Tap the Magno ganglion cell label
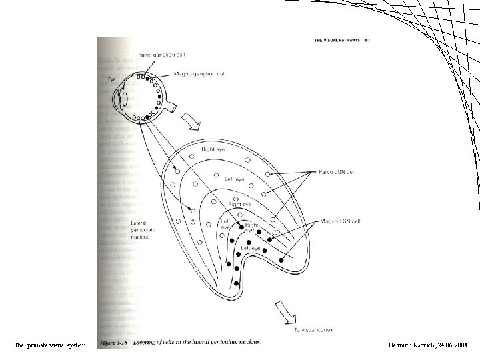(x=200, y=74)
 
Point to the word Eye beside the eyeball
(x=111, y=79)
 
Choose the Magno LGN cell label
(x=341, y=221)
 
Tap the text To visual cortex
(x=314, y=329)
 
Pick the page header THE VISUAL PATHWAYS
(x=336, y=41)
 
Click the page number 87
(x=367, y=41)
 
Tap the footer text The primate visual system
(x=50, y=345)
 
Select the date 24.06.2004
(x=453, y=345)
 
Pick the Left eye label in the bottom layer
(x=252, y=248)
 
